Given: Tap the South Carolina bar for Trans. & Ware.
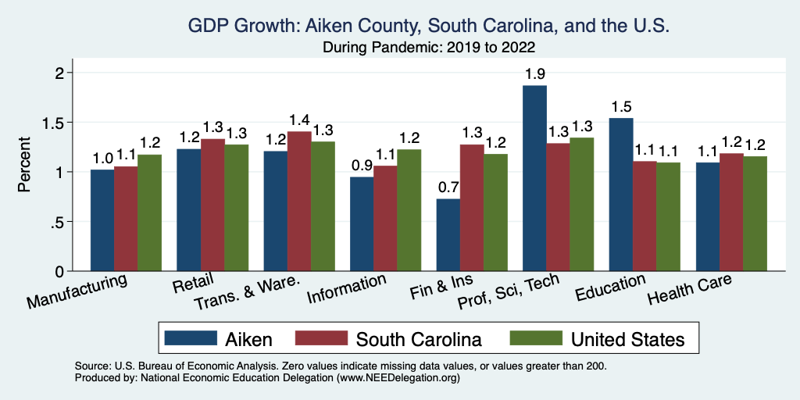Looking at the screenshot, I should [299, 201].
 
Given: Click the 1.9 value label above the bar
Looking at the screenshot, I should [535, 75].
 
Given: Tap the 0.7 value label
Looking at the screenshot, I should [448, 188].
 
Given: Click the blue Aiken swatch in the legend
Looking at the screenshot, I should [190, 338].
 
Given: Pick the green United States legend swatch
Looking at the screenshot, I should [535, 338].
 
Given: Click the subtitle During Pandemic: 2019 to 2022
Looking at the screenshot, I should [428, 48].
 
